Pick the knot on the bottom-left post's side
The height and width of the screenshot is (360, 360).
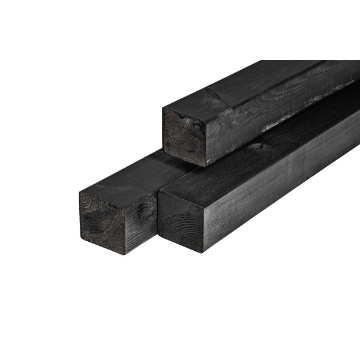143,210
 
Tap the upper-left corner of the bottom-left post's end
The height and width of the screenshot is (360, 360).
80,193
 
